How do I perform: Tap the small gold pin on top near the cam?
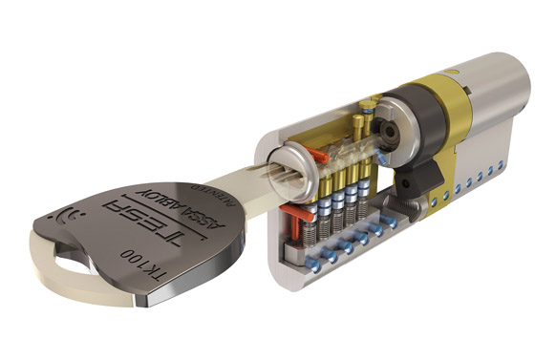(x=356, y=122)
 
